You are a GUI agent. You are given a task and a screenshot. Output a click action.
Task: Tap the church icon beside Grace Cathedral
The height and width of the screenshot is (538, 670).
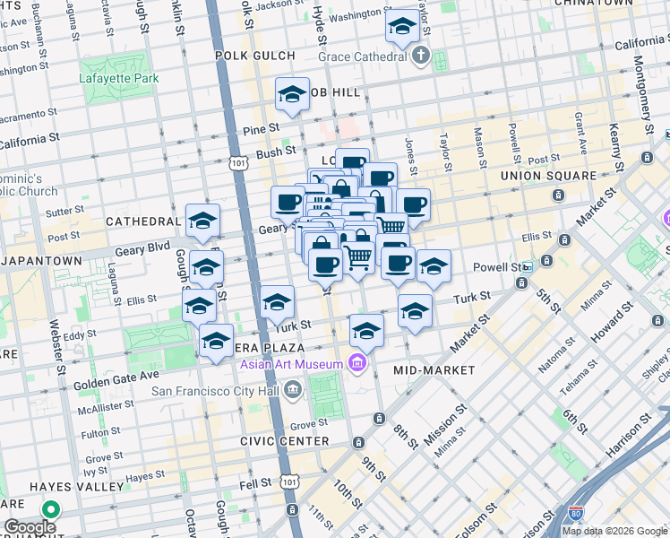(420, 56)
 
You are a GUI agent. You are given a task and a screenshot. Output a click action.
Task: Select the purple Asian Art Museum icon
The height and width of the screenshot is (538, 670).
(356, 363)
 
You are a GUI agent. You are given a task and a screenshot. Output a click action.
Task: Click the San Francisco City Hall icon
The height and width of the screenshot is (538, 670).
(293, 390)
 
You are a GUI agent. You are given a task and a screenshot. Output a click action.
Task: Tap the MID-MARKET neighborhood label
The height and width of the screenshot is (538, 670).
(434, 369)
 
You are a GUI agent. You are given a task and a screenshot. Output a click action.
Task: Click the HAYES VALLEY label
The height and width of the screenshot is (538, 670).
(76, 486)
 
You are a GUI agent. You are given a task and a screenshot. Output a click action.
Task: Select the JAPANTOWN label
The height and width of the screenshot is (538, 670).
(41, 260)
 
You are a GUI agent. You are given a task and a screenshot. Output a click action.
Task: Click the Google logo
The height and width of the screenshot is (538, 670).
(30, 527)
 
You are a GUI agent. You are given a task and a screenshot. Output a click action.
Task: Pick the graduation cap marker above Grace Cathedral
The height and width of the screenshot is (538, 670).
(402, 26)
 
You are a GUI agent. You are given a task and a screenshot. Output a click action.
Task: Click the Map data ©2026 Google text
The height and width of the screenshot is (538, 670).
(614, 531)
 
